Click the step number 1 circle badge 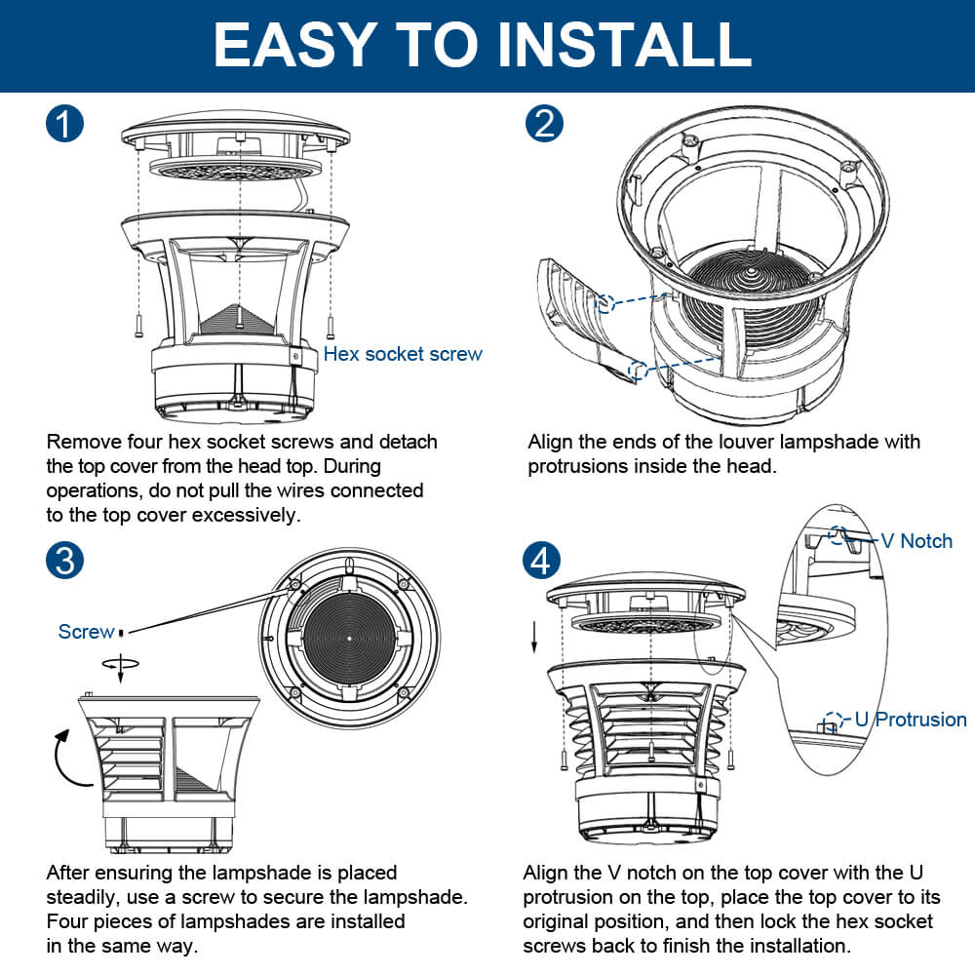(64, 125)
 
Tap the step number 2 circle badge (544, 125)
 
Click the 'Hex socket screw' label (403, 354)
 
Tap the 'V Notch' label (916, 541)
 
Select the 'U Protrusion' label (911, 720)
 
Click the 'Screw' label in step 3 (86, 632)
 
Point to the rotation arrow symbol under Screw (120, 663)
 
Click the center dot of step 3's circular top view (349, 638)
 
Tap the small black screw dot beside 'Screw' (121, 632)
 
